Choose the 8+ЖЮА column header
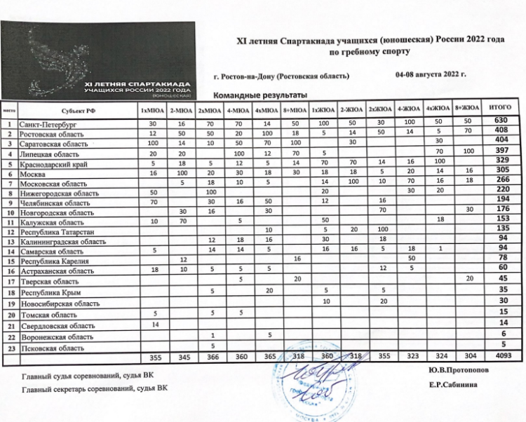point(466,109)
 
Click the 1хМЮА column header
point(152,111)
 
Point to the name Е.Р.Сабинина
point(453,385)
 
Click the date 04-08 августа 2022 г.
point(431,74)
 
